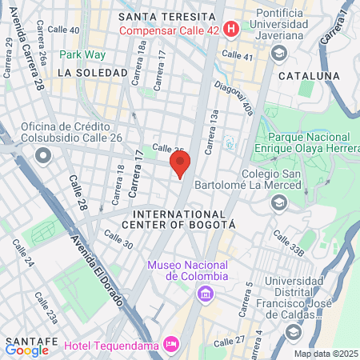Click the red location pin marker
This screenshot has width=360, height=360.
tap(180, 164)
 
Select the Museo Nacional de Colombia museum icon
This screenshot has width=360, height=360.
tap(206, 294)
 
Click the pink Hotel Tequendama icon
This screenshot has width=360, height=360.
tap(170, 344)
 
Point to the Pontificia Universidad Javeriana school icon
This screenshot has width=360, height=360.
tap(279, 53)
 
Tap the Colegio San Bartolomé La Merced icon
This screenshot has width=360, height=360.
tap(279, 202)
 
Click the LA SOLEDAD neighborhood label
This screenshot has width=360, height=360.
tap(93, 73)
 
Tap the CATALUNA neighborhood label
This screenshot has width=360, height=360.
tap(309, 75)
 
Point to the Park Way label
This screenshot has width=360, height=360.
tap(87, 54)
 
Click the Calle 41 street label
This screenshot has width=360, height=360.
tap(237, 55)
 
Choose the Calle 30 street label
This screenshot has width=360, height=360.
tap(118, 238)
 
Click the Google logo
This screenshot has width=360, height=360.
tap(26, 350)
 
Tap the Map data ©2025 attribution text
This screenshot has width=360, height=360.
tap(325, 354)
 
